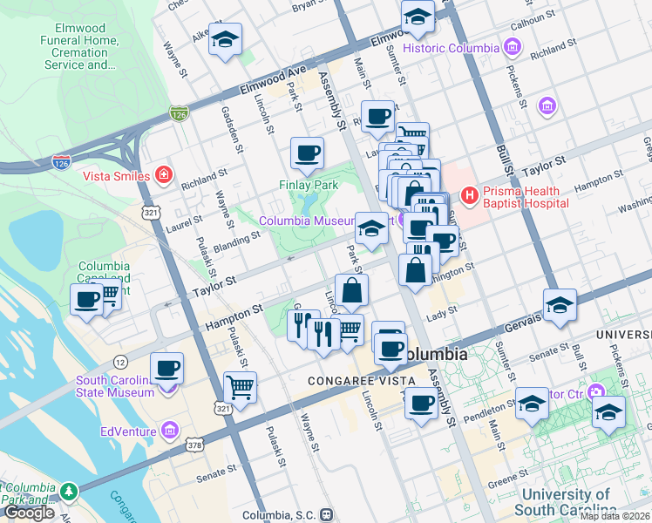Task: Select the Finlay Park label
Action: [x=308, y=185]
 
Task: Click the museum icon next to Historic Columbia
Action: [x=513, y=48]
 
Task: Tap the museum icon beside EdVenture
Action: [x=169, y=431]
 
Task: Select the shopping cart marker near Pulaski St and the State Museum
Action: [x=240, y=385]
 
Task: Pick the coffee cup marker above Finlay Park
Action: [x=306, y=153]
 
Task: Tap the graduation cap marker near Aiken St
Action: [x=225, y=39]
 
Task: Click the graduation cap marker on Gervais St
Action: [x=559, y=304]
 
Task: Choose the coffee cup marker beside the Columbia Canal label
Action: [x=87, y=299]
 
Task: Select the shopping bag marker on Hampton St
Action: [x=351, y=290]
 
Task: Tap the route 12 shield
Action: [x=120, y=362]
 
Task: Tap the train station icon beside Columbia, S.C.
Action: [x=326, y=514]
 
